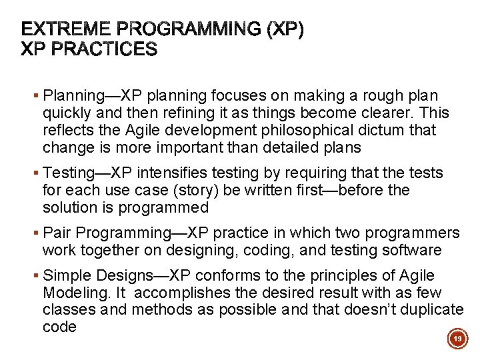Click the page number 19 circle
point(457,339)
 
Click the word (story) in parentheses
point(164,191)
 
